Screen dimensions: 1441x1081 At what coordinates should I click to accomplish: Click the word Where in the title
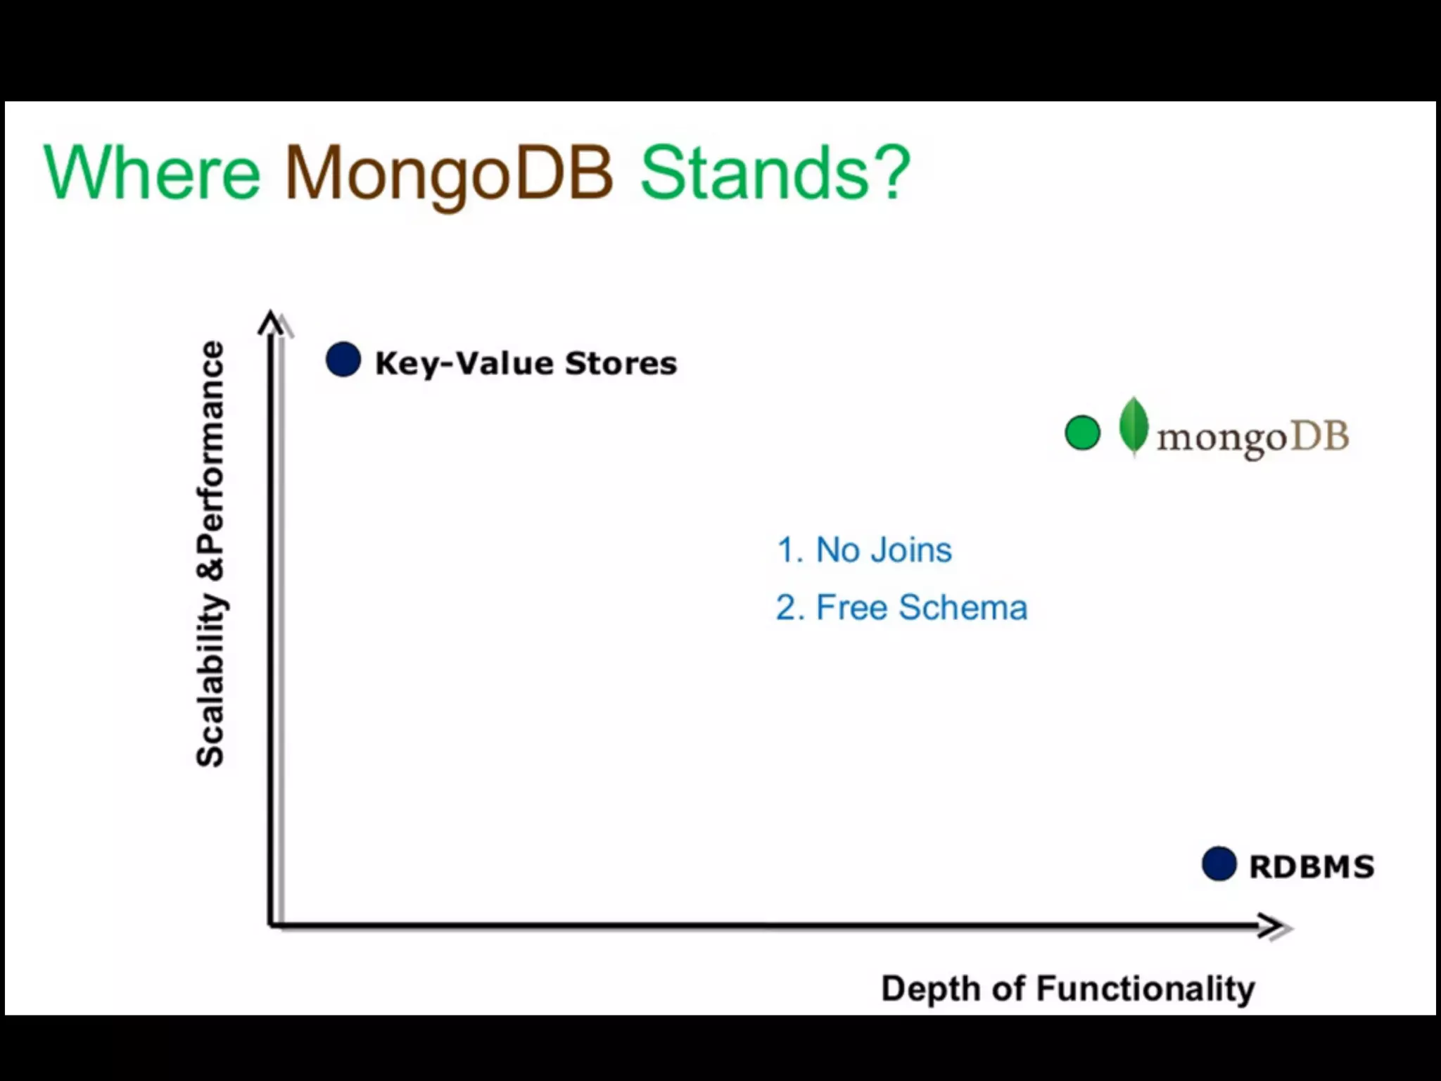(x=151, y=172)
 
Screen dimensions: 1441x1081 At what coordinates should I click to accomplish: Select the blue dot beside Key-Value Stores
(x=343, y=360)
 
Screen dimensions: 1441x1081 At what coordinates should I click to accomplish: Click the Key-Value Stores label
(x=526, y=363)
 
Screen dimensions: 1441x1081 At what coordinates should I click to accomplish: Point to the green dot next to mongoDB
(x=1082, y=433)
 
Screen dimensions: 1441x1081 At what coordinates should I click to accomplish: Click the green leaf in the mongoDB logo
(x=1134, y=426)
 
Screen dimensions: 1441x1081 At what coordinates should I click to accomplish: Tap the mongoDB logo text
(x=1252, y=437)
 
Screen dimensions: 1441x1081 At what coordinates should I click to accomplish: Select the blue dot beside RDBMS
(x=1219, y=864)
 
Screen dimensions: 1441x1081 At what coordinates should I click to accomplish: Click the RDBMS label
(x=1312, y=866)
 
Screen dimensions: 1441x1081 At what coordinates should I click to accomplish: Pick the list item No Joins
(x=864, y=550)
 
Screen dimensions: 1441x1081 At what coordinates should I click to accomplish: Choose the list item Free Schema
(x=901, y=607)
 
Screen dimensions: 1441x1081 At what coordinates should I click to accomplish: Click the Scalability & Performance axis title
(x=210, y=554)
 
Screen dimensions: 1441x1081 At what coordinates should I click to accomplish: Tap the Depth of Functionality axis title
(x=1067, y=989)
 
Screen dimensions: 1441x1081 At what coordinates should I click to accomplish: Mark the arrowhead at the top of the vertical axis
(x=271, y=323)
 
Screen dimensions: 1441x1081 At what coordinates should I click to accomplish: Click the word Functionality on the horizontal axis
(x=1145, y=989)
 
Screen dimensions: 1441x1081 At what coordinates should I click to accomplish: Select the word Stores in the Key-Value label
(x=621, y=363)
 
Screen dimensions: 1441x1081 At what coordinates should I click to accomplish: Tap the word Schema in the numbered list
(x=963, y=607)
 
